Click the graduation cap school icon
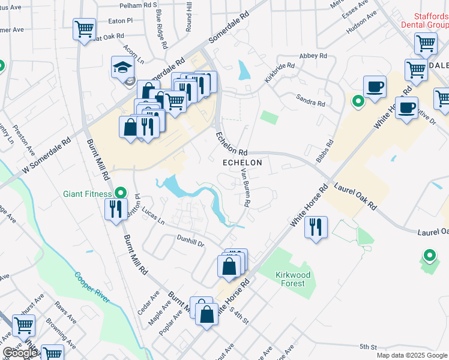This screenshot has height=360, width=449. [x=122, y=68]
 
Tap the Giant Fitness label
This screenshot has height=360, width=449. [x=88, y=194]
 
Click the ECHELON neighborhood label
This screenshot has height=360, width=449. [x=243, y=163]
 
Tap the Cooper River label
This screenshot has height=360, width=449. [x=92, y=287]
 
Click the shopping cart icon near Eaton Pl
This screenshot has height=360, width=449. [x=84, y=28]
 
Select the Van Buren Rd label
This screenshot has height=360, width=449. [x=244, y=187]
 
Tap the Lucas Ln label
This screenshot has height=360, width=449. [x=153, y=217]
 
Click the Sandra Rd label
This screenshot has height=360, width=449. [x=311, y=100]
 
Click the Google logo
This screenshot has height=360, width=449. [x=20, y=353]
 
